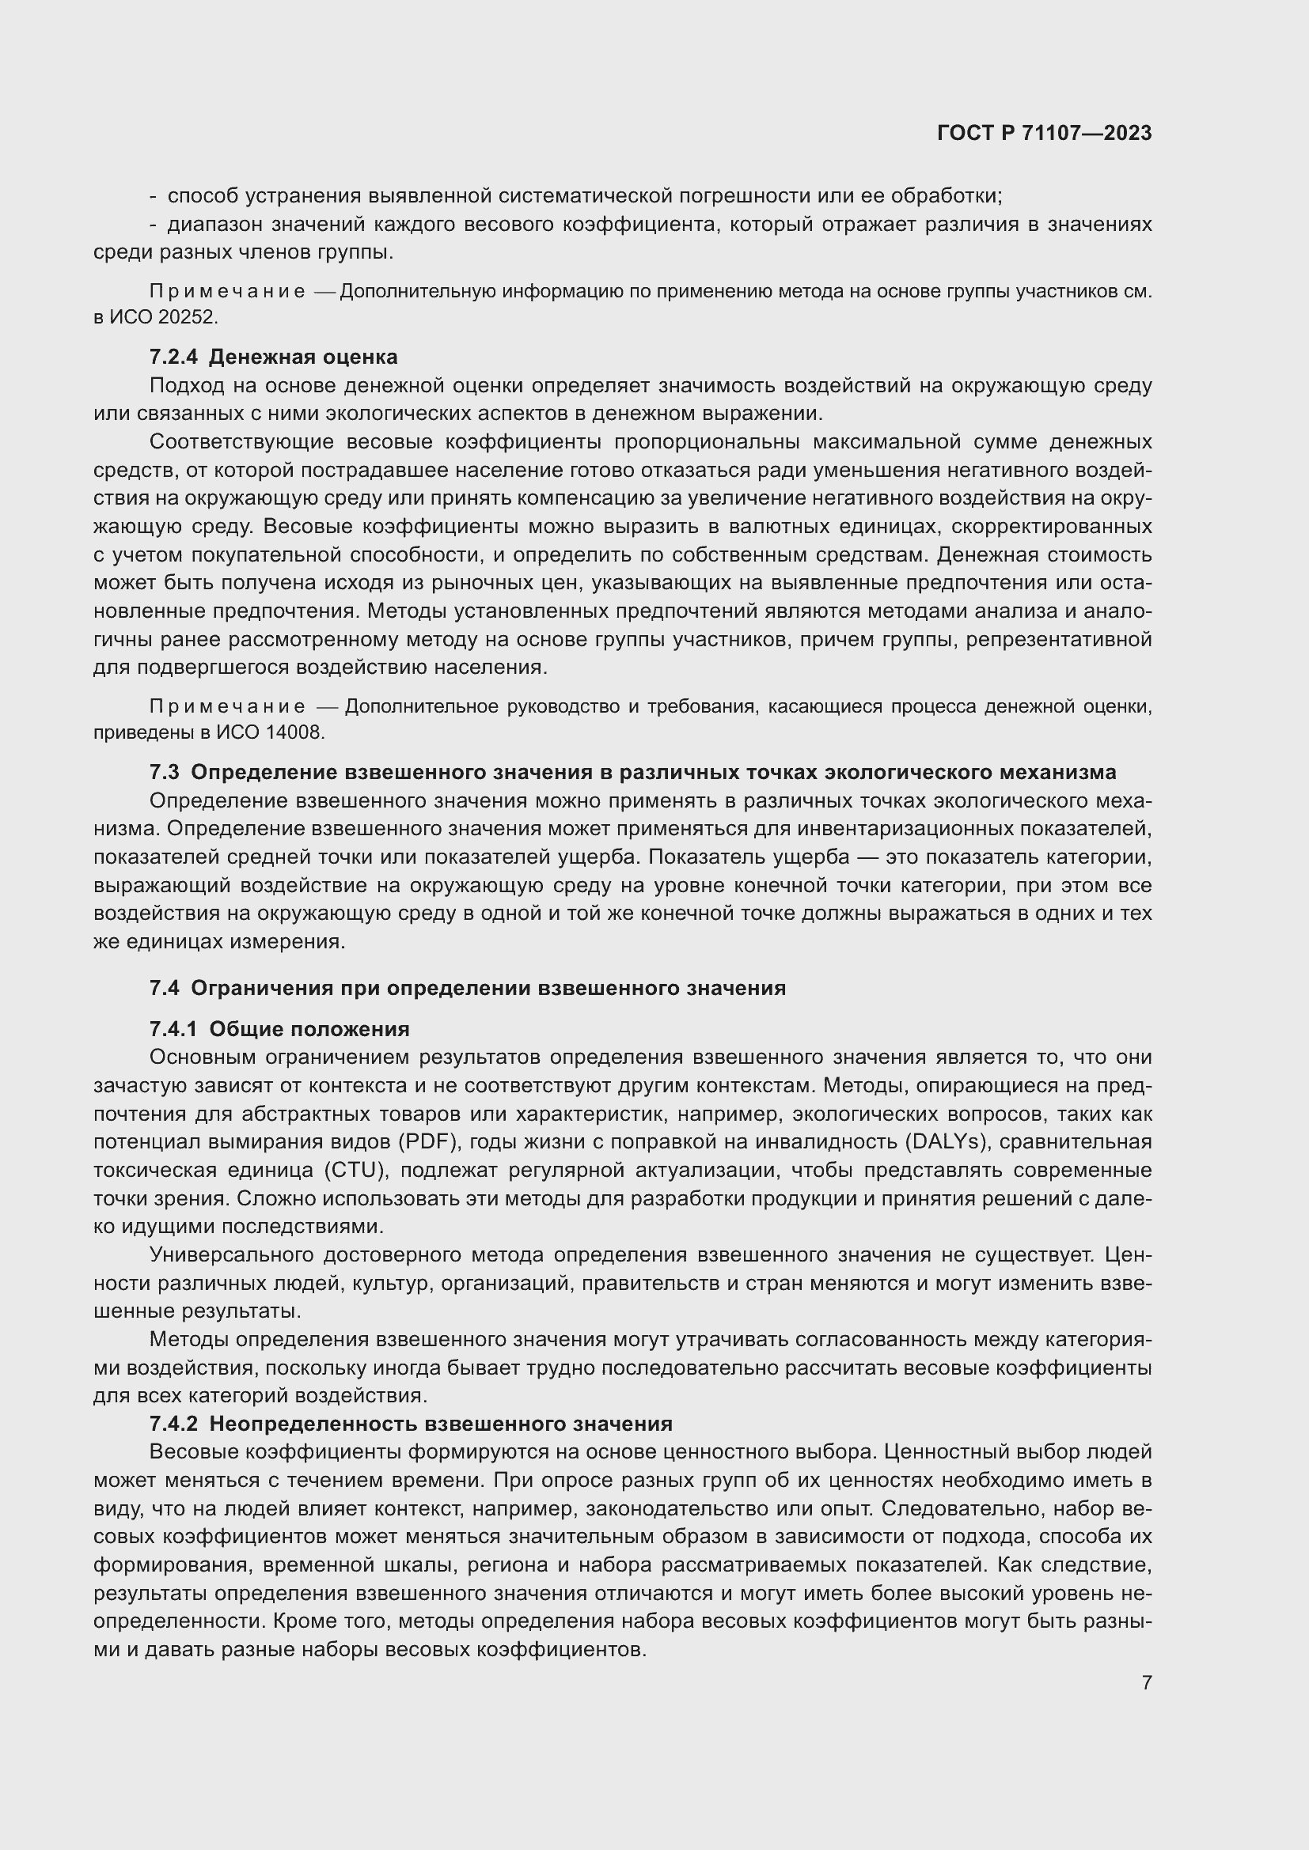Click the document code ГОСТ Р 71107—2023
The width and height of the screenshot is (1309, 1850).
(1044, 133)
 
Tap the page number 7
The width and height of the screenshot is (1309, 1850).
(1146, 1682)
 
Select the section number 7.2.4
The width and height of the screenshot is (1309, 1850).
(173, 357)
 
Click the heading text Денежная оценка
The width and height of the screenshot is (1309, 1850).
(303, 357)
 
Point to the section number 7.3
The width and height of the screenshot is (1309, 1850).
(164, 772)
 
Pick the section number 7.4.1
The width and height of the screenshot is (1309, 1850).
(173, 1029)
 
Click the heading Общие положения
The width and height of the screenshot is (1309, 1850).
(309, 1029)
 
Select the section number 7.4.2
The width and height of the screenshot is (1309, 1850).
(173, 1424)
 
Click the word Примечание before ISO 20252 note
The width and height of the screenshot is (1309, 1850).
(227, 292)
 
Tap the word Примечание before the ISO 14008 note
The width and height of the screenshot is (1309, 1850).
(227, 707)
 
